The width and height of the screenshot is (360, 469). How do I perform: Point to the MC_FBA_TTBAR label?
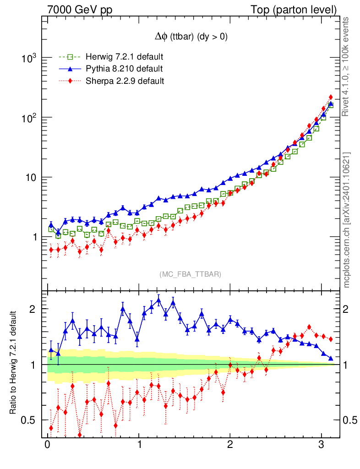pos(191,274)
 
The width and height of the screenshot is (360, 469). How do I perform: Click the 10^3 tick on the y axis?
pos(28,58)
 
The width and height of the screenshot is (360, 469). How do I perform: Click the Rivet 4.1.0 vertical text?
pos(347,66)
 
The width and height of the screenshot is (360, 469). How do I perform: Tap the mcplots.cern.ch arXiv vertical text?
pos(347,220)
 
